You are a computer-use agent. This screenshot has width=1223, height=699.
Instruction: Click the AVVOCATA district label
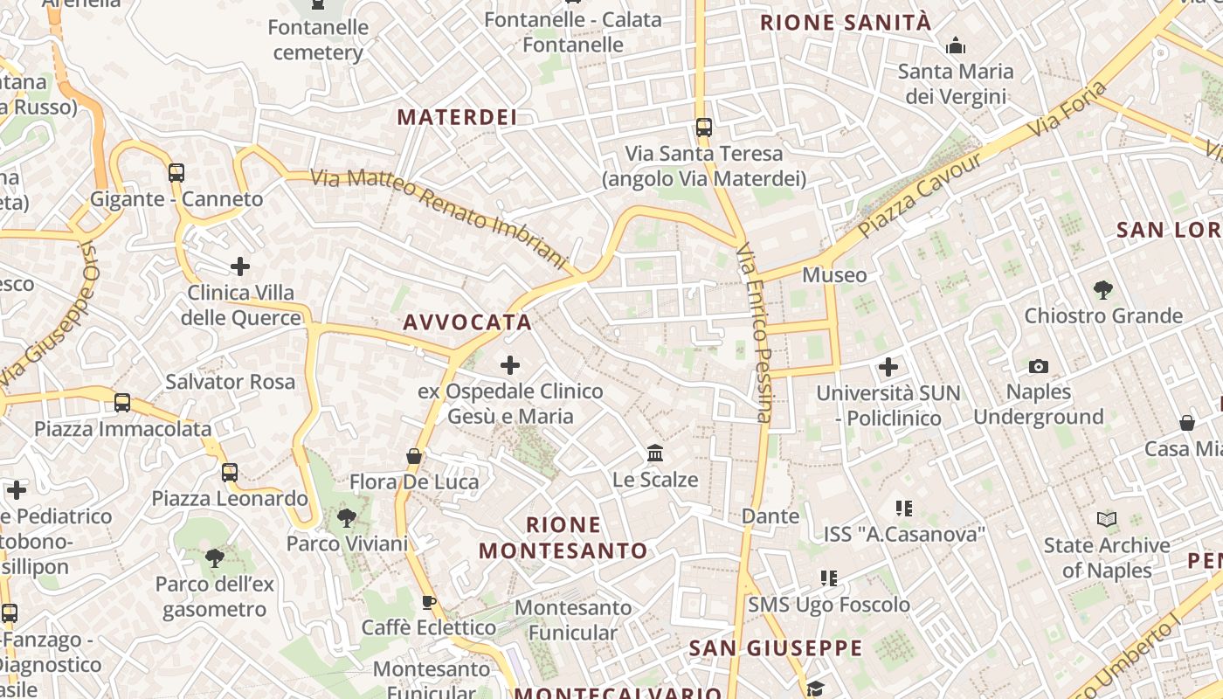[467, 322]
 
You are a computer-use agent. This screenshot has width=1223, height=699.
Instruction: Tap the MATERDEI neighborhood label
[457, 117]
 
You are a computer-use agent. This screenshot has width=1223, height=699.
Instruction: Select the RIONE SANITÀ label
[846, 23]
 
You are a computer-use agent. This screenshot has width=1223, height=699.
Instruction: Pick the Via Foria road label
[1067, 109]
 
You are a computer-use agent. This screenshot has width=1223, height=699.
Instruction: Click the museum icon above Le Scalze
[655, 453]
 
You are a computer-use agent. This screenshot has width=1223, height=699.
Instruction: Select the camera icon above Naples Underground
[1039, 366]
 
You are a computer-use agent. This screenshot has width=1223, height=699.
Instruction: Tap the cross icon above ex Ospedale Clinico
[510, 364]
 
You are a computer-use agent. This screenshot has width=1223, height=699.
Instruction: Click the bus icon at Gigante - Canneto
[176, 172]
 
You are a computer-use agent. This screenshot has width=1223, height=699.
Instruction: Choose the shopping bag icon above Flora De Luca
[414, 456]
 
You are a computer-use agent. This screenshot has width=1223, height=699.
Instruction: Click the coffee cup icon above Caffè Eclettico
[429, 601]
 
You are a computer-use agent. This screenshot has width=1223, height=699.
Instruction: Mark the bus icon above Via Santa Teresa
[704, 128]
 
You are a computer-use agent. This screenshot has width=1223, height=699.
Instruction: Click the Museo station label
[834, 275]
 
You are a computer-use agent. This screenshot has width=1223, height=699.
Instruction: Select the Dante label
[770, 516]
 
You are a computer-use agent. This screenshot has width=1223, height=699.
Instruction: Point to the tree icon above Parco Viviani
[347, 518]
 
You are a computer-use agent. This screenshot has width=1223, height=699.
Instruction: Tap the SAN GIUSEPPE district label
[775, 648]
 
